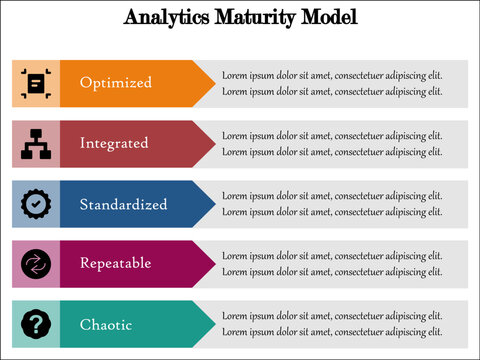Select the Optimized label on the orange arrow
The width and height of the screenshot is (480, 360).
click(116, 83)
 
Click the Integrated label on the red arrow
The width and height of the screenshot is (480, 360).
click(114, 143)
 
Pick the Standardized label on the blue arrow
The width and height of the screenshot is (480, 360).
click(123, 204)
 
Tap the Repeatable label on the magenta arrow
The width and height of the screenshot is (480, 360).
click(116, 263)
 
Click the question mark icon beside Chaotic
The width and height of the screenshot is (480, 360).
click(36, 324)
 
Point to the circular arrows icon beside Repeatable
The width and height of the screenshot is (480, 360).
click(36, 264)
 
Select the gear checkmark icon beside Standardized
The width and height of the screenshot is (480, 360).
click(36, 204)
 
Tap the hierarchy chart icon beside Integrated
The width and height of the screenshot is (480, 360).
click(36, 144)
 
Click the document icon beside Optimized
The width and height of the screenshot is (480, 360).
click(36, 83)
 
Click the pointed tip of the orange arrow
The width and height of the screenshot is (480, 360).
click(213, 83)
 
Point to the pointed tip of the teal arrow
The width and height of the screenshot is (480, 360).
click(213, 324)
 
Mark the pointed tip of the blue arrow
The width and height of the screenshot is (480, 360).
click(213, 204)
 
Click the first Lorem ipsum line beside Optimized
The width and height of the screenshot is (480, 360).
click(332, 75)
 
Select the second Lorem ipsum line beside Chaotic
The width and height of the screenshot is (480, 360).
click(332, 332)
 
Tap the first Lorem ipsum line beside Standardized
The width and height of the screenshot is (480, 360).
click(332, 196)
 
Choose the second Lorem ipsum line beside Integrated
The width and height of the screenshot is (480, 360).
click(332, 152)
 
